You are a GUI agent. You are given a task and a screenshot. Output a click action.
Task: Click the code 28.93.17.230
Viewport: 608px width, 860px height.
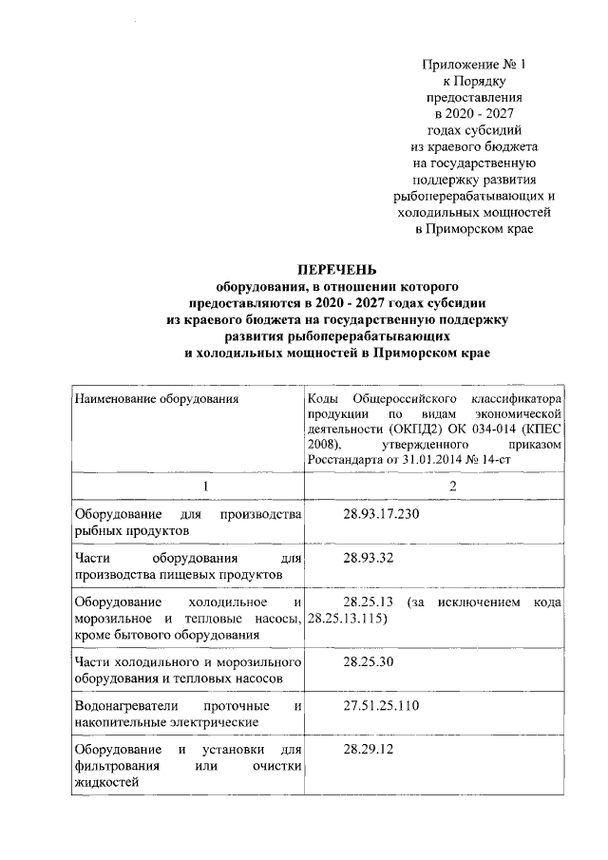[x=380, y=514]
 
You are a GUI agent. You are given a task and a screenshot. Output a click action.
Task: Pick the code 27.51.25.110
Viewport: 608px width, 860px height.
[x=380, y=706]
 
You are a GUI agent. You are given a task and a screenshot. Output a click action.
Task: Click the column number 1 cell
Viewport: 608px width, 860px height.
[x=189, y=486]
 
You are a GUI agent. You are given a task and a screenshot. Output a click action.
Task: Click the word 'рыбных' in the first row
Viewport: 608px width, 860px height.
[x=97, y=531]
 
